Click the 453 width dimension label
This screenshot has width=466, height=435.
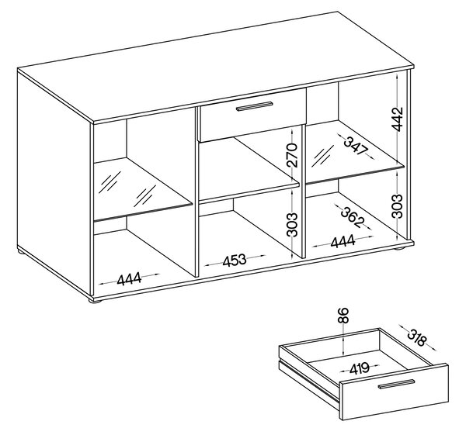click(235, 261)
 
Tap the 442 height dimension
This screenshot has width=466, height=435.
click(397, 119)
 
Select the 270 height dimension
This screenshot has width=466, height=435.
click(292, 155)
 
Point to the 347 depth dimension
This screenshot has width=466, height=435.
click(355, 147)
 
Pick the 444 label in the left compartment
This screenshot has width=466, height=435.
click(129, 279)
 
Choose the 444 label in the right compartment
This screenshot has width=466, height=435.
click(343, 241)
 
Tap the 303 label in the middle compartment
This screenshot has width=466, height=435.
click(292, 225)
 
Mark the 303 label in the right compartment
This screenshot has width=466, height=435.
click(397, 206)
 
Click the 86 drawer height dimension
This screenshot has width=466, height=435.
click(343, 316)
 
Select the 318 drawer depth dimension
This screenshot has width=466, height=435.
click(416, 338)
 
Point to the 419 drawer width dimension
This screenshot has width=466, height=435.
click(360, 368)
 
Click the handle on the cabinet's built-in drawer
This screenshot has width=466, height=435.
click(254, 106)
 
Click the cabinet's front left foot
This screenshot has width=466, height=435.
click(96, 301)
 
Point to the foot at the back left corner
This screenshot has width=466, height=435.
click(23, 253)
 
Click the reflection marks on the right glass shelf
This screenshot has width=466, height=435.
click(322, 157)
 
